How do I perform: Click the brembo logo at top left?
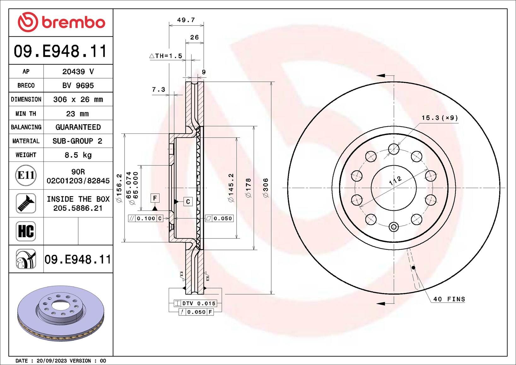click(61, 22)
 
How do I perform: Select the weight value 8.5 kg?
click(78, 155)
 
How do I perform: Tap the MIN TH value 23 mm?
click(77, 114)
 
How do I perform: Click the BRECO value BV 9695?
click(78, 85)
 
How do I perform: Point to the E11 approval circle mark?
click(26, 175)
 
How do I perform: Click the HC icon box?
click(26, 231)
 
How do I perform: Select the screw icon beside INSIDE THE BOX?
click(26, 203)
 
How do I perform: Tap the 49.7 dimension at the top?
click(186, 20)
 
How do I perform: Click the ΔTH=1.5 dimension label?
click(166, 56)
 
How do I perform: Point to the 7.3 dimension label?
click(158, 89)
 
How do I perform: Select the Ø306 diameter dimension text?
click(266, 188)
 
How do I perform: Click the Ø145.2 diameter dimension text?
click(231, 188)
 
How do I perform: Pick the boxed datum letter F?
click(155, 198)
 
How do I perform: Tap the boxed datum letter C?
click(188, 202)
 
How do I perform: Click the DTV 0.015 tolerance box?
click(195, 303)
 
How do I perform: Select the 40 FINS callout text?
click(449, 299)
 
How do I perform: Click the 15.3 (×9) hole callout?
click(440, 118)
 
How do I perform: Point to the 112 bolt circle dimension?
click(395, 181)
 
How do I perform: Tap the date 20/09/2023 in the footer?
click(52, 361)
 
